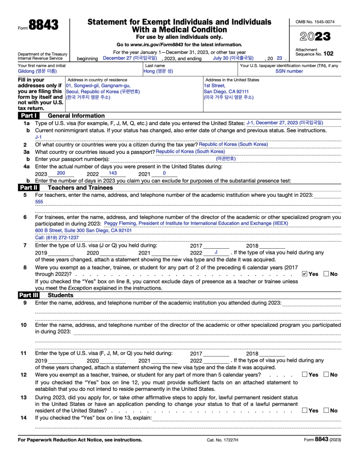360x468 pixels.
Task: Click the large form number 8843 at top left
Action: [43, 25]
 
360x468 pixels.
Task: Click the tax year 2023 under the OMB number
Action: [315, 37]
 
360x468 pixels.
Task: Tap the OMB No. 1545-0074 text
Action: [315, 22]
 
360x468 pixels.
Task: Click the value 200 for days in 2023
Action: [61, 173]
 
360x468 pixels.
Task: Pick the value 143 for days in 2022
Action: [113, 173]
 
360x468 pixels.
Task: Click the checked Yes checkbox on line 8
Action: [304, 274]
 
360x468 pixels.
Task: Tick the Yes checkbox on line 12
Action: [304, 374]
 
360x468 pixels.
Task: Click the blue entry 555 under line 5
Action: [39, 202]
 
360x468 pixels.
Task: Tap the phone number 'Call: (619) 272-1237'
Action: [57, 238]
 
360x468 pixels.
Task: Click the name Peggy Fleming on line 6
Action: [120, 224]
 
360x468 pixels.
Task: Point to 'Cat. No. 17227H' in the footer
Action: [223, 440]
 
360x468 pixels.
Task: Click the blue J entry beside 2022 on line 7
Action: [216, 252]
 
